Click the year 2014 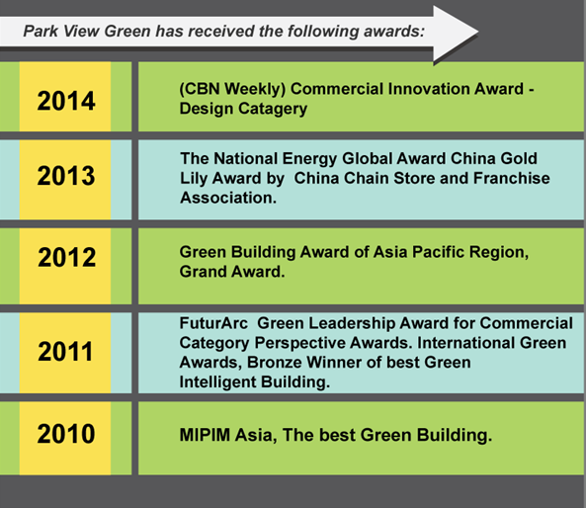[66, 101]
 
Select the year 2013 [66, 176]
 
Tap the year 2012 [66, 257]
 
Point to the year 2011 [65, 352]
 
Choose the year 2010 [66, 434]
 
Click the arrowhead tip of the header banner [478, 33]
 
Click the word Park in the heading [41, 31]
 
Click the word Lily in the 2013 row [194, 179]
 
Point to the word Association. [228, 198]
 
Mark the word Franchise [512, 178]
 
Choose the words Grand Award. [232, 272]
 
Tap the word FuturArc [213, 323]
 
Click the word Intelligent [217, 382]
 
